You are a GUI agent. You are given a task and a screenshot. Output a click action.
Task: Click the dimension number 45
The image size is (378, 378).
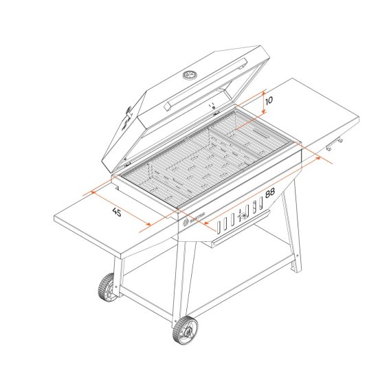pos(116,213)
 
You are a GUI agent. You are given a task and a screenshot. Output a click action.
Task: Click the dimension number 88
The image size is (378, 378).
pos(269,193)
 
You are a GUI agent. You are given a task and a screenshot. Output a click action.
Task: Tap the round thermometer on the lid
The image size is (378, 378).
pos(190,74)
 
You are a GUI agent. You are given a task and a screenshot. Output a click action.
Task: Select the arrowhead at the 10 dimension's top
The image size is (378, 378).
pos(263,91)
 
